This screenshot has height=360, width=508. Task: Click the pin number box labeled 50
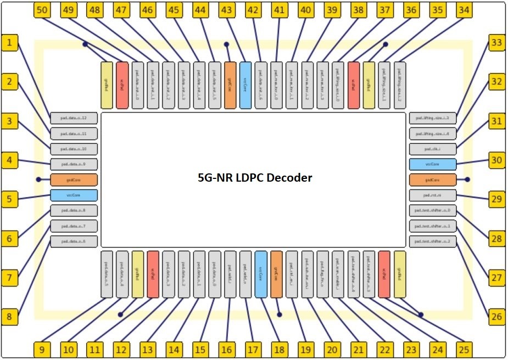click(42, 10)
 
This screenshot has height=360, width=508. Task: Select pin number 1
click(9, 42)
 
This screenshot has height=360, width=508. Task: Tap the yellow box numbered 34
click(464, 10)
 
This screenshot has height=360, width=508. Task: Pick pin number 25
click(464, 350)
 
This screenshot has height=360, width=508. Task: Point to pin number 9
click(42, 350)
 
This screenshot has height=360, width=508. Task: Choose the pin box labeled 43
click(226, 10)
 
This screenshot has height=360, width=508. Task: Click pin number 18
click(279, 350)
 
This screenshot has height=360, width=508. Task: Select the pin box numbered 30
click(496, 160)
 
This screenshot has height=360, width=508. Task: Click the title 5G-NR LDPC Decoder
click(255, 178)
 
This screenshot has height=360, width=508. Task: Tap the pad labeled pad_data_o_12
click(74, 118)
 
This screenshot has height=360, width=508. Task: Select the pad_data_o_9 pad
click(74, 164)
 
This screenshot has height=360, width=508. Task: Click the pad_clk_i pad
click(432, 149)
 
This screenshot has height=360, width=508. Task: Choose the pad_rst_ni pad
click(432, 195)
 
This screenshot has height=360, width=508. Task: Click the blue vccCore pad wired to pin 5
click(74, 195)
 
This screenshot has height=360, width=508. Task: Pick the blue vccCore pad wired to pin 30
click(432, 164)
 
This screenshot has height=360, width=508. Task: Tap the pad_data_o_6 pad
click(74, 241)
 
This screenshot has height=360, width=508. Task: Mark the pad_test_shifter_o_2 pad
click(432, 241)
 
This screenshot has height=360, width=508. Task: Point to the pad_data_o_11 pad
click(74, 133)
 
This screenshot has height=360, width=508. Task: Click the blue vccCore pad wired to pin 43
click(245, 85)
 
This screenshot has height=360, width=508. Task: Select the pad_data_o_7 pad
click(74, 226)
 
